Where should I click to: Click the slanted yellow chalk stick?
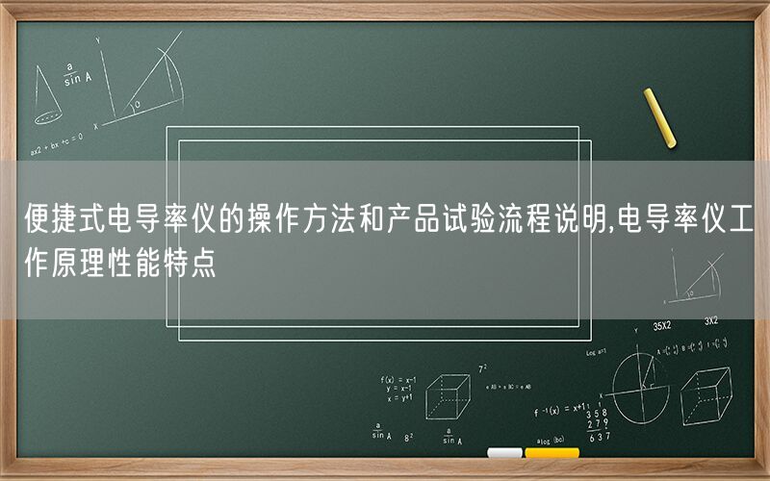660,117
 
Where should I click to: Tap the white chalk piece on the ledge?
504,453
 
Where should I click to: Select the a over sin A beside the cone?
72,74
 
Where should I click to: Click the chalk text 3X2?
711,321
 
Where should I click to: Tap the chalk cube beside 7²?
449,395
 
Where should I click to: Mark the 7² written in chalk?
482,367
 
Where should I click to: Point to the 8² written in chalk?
409,436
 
